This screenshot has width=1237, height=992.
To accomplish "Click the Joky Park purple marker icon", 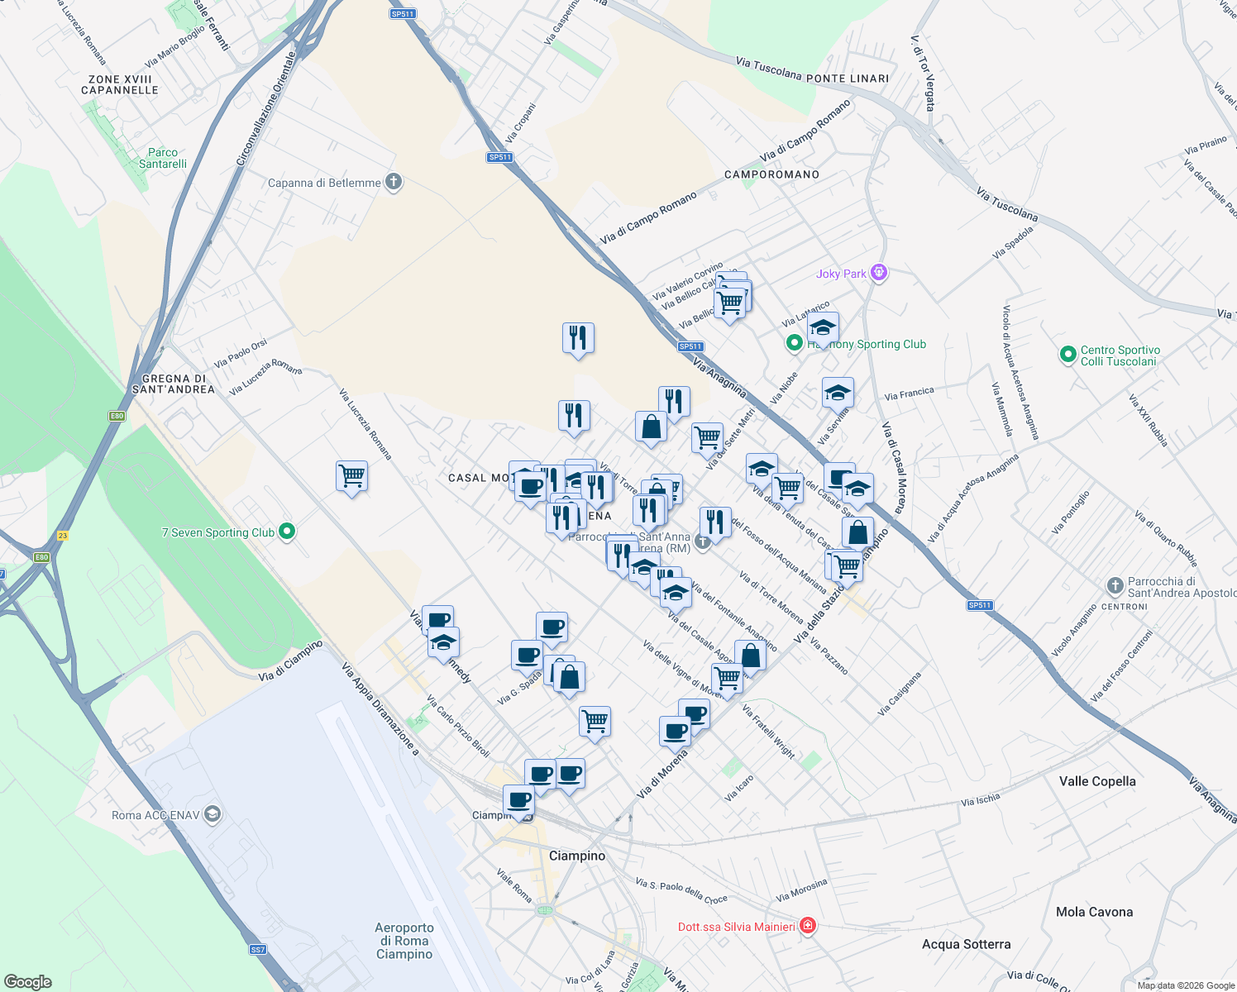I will (879, 273).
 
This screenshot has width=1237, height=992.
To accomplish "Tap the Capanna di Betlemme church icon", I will (394, 183).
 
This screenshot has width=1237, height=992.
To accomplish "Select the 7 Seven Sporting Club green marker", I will (287, 532).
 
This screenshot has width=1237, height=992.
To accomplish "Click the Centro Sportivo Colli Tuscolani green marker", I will (1067, 355).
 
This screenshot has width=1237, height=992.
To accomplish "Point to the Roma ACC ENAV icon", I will (213, 814).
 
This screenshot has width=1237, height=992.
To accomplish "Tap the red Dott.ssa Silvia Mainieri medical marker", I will (809, 926).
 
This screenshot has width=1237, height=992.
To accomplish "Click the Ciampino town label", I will (577, 856).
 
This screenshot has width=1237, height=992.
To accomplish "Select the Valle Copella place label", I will (1097, 781).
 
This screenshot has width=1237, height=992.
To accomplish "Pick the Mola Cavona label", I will (1094, 912).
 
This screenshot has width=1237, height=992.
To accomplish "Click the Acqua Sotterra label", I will (966, 944).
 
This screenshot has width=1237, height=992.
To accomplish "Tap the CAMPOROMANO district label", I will (771, 174).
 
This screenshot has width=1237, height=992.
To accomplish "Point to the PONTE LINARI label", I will (848, 79).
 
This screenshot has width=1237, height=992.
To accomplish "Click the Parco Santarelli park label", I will (163, 158).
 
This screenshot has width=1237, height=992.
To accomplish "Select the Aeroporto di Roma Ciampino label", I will (404, 941).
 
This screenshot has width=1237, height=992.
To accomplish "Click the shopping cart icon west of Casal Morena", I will (352, 476).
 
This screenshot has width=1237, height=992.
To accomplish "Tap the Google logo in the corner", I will (28, 982).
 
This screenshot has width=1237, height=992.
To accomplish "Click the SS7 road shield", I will (258, 950).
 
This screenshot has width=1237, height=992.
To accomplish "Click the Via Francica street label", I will (909, 394).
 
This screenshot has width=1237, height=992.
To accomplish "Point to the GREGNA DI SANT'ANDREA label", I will (174, 384).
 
